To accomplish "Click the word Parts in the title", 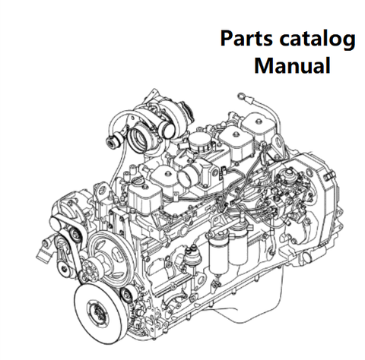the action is [x=246, y=39].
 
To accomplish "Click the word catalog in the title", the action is [x=317, y=40].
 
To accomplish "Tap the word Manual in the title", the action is [x=292, y=65].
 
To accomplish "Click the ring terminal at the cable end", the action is [x=241, y=96].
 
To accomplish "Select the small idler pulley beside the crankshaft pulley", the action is [x=126, y=295].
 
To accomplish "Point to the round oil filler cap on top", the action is [x=200, y=142].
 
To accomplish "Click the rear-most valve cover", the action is [x=257, y=127].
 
